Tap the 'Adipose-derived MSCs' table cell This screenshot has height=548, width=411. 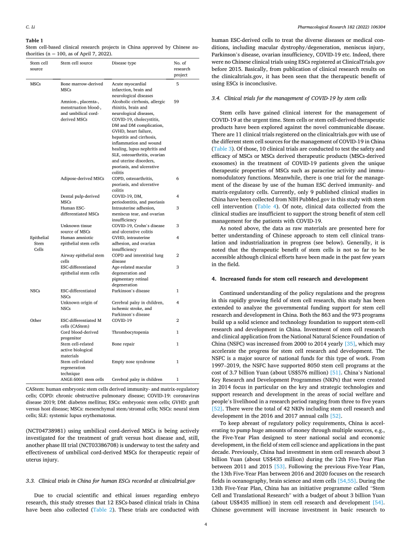(x=82, y=178)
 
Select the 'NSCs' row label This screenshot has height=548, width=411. (x=36, y=290)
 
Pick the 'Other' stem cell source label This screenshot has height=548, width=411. (x=36, y=320)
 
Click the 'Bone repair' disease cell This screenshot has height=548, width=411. (x=123, y=344)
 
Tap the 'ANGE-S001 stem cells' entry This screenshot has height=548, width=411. (x=82, y=379)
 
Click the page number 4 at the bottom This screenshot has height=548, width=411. (x=205, y=525)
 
